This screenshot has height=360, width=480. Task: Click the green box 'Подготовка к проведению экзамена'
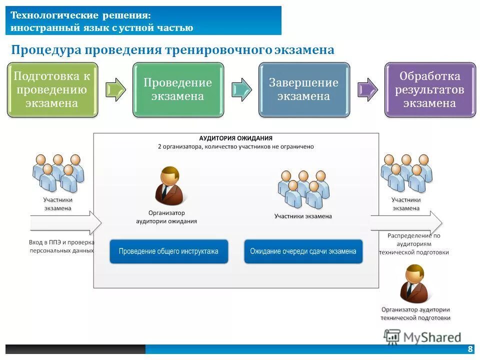click(x=52, y=90)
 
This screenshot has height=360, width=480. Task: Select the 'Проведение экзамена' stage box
click(x=178, y=90)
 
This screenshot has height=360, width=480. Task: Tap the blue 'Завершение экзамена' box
click(x=304, y=90)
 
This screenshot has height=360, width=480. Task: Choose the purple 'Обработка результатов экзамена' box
click(x=430, y=90)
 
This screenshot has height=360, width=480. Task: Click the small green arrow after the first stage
click(x=115, y=89)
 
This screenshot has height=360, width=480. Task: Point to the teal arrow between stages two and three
click(x=241, y=89)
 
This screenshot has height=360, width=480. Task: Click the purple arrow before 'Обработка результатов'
click(x=367, y=89)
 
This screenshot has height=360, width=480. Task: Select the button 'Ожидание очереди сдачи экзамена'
click(x=303, y=251)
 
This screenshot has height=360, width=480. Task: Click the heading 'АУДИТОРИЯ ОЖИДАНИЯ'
click(x=236, y=138)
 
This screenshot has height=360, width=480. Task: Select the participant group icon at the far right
click(x=406, y=172)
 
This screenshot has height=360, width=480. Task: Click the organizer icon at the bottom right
click(x=415, y=283)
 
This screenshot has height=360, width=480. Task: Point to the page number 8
click(x=470, y=349)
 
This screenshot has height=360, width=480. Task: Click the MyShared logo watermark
click(x=422, y=336)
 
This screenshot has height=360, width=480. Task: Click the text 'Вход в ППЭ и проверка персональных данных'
click(x=61, y=246)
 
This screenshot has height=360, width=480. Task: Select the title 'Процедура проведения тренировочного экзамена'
click(x=172, y=50)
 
